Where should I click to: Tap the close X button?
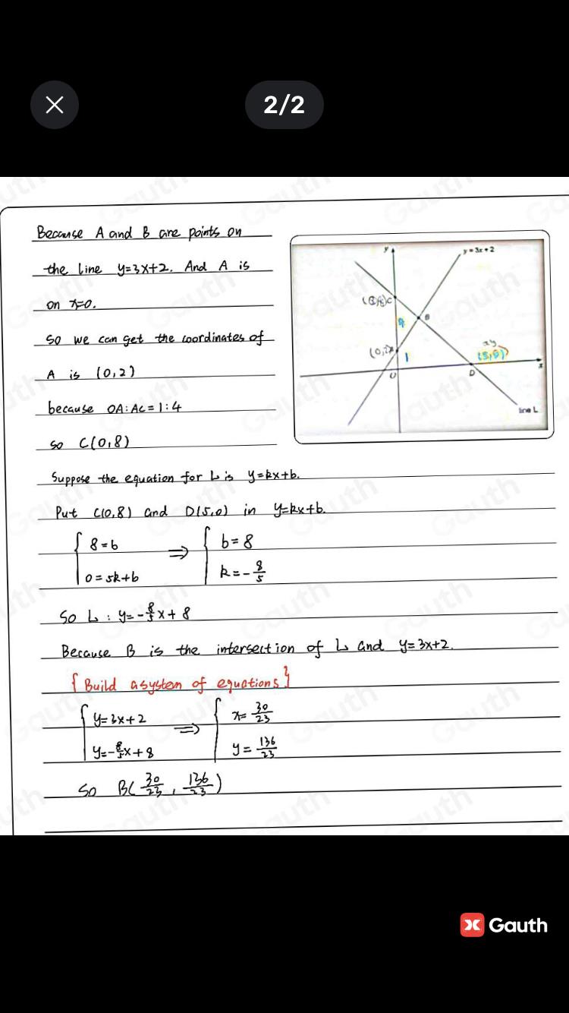(55, 105)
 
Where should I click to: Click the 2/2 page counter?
(284, 105)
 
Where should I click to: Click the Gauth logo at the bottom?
(504, 925)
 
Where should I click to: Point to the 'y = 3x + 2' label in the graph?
(480, 248)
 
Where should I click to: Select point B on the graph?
(426, 316)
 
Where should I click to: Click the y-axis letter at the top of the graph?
(385, 248)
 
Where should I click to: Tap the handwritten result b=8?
(236, 542)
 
